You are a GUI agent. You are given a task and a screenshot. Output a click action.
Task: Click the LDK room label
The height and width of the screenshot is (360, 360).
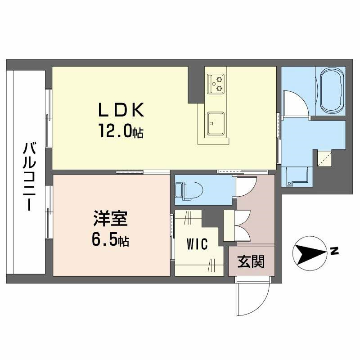click(x=121, y=110)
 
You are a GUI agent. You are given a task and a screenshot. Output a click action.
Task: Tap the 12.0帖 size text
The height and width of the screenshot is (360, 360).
click(x=121, y=131)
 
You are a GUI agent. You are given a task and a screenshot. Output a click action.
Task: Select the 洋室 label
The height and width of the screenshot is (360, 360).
click(x=110, y=220)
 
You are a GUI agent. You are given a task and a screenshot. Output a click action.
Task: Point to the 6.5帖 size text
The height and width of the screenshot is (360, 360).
click(x=111, y=240)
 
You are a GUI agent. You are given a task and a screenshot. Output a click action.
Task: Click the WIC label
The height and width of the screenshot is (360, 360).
click(x=197, y=244)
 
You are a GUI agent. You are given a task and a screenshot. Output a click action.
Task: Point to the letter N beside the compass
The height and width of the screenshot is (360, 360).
click(x=334, y=251)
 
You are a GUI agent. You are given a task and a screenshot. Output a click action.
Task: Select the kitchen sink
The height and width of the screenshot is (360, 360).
click(x=216, y=122)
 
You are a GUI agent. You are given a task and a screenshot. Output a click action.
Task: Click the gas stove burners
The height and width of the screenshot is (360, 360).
click(x=216, y=83)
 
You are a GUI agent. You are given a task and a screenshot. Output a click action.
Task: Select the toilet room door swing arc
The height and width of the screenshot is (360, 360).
click(x=247, y=185)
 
